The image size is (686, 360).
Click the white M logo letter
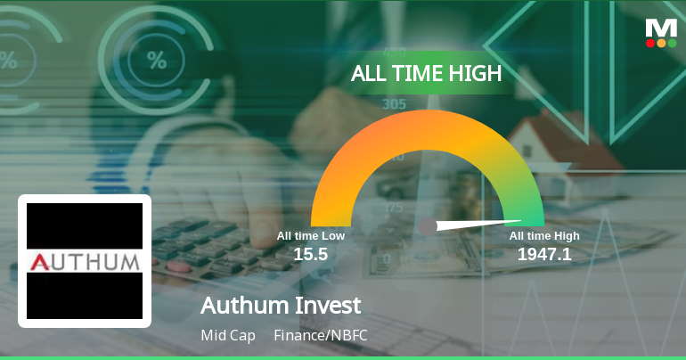[661, 28]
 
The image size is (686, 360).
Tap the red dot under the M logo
[650, 43]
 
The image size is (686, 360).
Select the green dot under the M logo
[672, 43]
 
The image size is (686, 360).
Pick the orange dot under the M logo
[661, 43]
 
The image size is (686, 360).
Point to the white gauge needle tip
[520, 220]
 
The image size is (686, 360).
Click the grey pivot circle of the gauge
[428, 226]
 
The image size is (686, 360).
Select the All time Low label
[310, 236]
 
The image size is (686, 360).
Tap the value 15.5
[311, 254]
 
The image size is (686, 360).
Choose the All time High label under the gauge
[544, 236]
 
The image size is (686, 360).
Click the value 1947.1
[544, 254]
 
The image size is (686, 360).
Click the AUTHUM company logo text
[85, 261]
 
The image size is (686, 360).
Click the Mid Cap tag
[228, 336]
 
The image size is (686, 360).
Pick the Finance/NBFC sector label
[321, 336]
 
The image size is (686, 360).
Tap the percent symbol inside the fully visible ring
[157, 61]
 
